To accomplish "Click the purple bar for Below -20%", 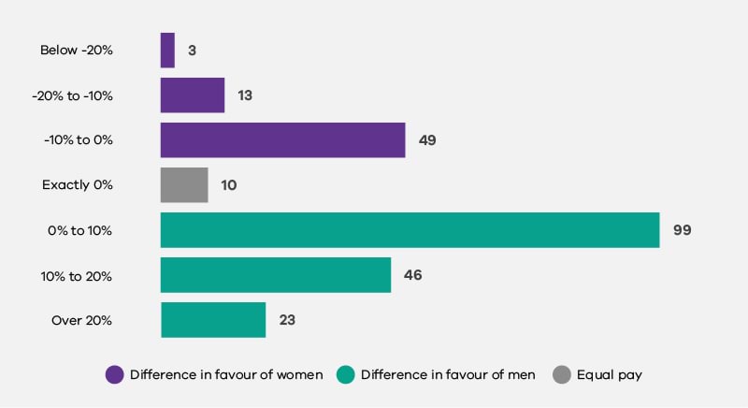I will coord(167,51).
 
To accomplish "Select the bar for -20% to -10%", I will coord(193,95).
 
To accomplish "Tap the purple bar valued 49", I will coord(282,140).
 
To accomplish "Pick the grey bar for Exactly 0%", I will coord(184,185).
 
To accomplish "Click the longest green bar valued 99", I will coord(410,230).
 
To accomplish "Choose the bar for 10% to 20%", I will coord(276,275).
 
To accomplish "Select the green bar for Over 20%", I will coord(213,320).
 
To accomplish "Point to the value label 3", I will coord(192,51).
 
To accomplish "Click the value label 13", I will coord(245,95).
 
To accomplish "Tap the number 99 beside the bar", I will coord(682,230).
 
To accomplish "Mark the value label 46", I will coord(413,275).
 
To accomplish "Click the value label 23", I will coord(287,320).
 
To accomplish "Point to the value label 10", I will coord(228,185).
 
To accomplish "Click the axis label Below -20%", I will coord(77,51).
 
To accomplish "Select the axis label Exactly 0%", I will coord(78,185).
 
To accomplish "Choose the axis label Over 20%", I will coord(82,320).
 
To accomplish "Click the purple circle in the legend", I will coord(114,375).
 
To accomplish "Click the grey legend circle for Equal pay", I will coord(561,375).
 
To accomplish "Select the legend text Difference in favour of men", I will coord(448,375).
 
